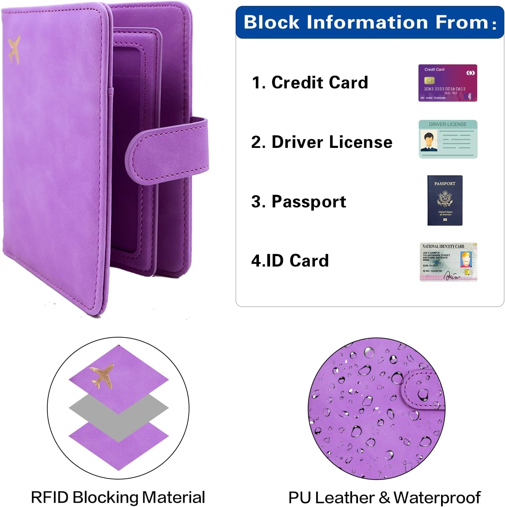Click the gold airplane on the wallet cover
pyautogui.click(x=14, y=50)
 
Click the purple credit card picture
pyautogui.click(x=447, y=83)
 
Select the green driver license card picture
pyautogui.click(x=448, y=139)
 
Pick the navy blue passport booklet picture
pyautogui.click(x=445, y=200)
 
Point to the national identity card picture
pyautogui.click(x=448, y=262)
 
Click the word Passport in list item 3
pyautogui.click(x=309, y=201)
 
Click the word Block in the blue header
pyautogui.click(x=271, y=22)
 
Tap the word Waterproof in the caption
pyautogui.click(x=437, y=498)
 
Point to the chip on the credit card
pyautogui.click(x=429, y=81)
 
